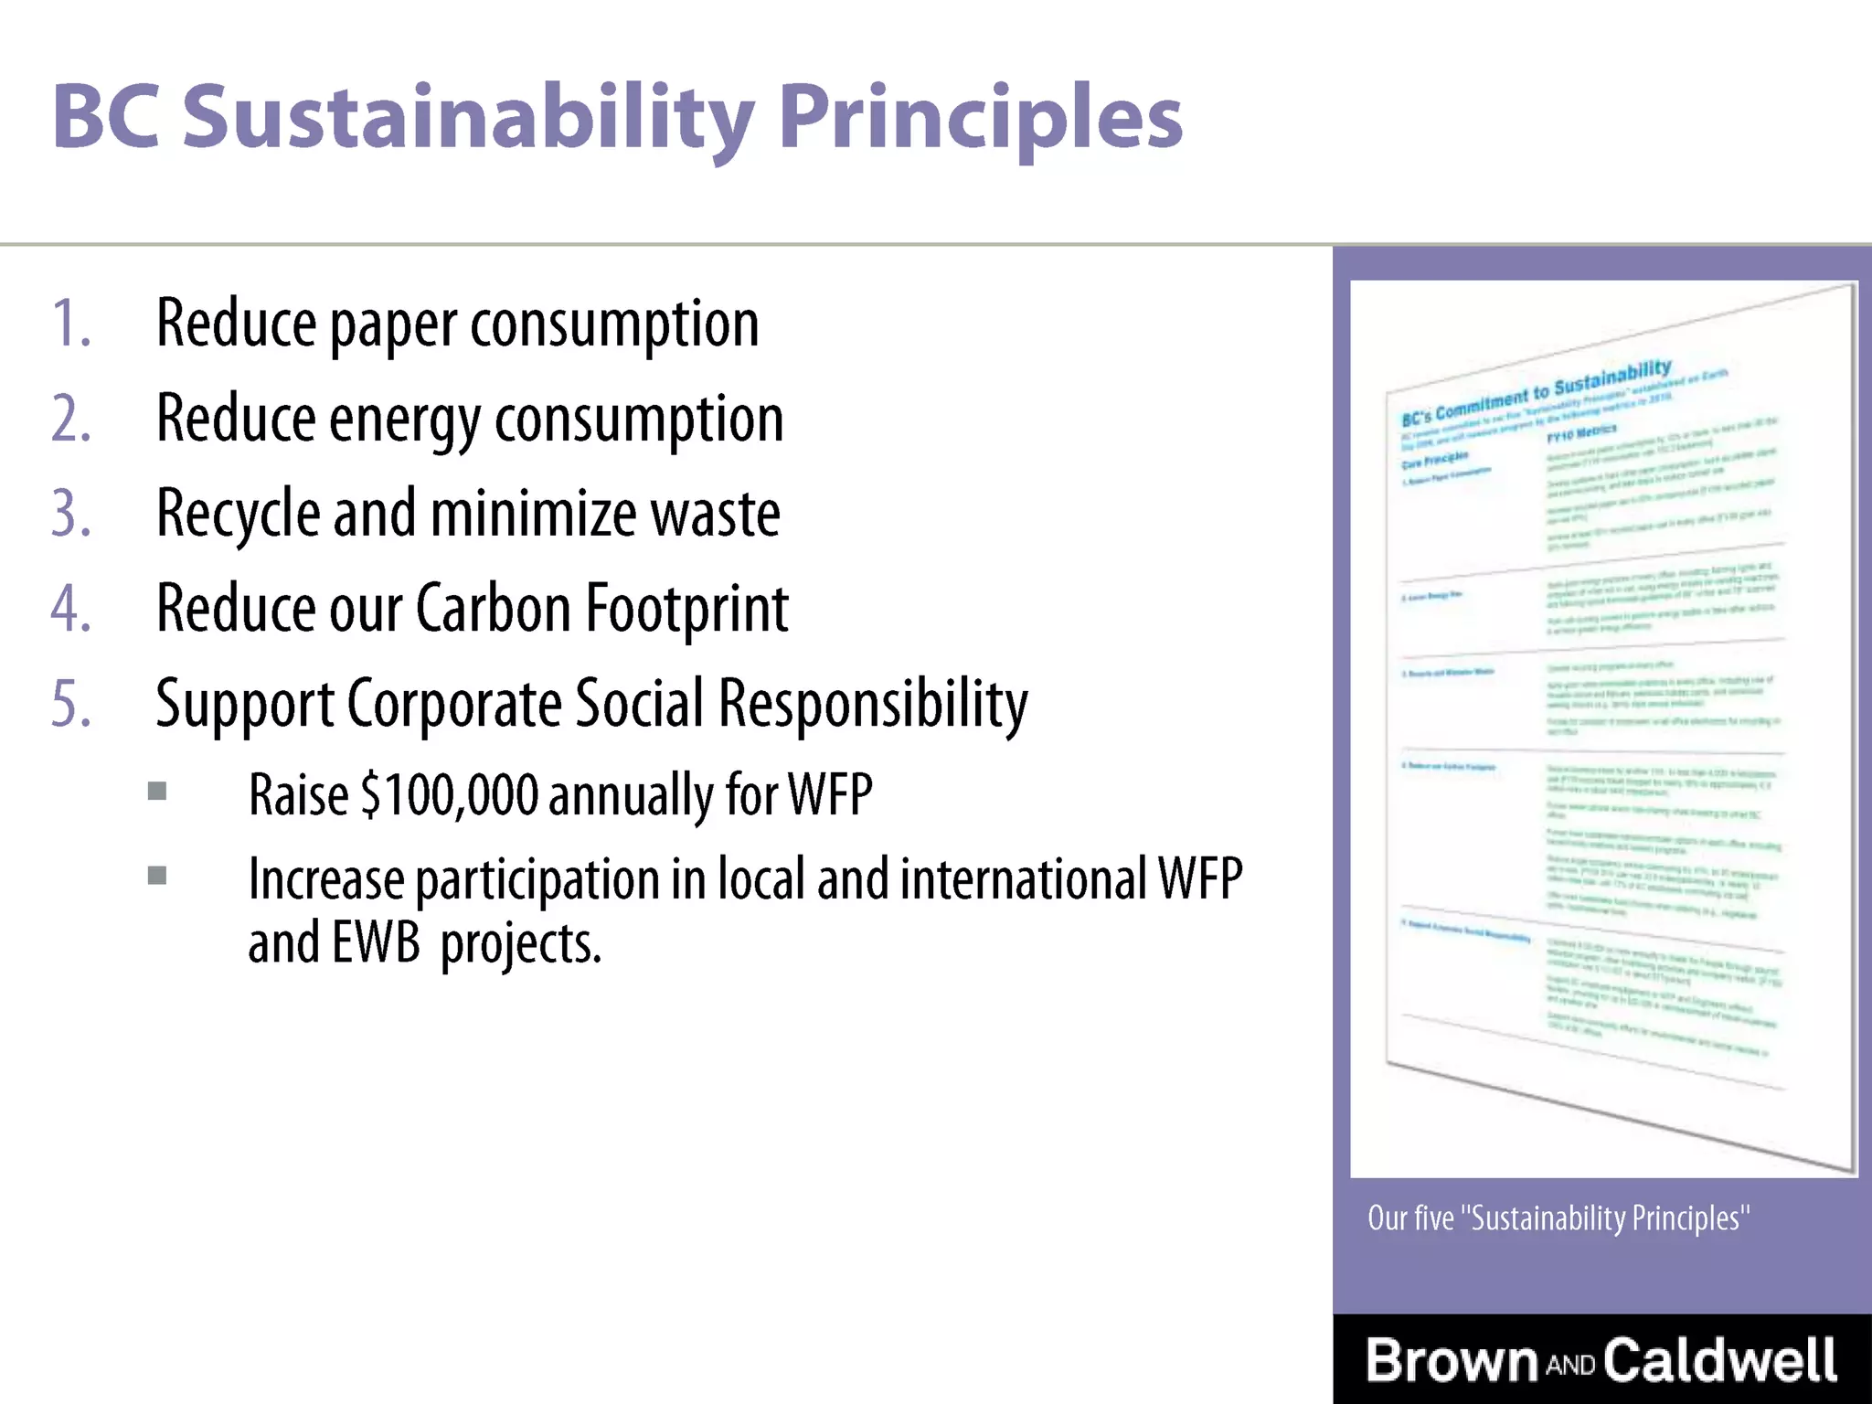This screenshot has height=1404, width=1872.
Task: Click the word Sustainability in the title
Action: (468, 117)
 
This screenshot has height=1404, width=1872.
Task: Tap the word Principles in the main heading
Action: (980, 117)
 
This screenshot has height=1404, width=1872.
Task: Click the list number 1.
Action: (69, 324)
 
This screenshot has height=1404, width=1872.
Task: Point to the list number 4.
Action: (69, 609)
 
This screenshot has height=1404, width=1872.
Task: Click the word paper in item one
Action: (392, 325)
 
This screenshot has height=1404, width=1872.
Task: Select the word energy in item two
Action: (404, 420)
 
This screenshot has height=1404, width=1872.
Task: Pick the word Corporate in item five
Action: (453, 704)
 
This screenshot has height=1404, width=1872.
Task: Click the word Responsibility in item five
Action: (873, 704)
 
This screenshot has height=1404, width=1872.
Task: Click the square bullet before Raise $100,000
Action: (157, 791)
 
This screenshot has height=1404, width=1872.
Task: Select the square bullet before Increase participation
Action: (157, 876)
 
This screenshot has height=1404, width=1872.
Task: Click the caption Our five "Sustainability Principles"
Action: (1558, 1218)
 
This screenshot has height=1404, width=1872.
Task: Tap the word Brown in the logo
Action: (1452, 1360)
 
